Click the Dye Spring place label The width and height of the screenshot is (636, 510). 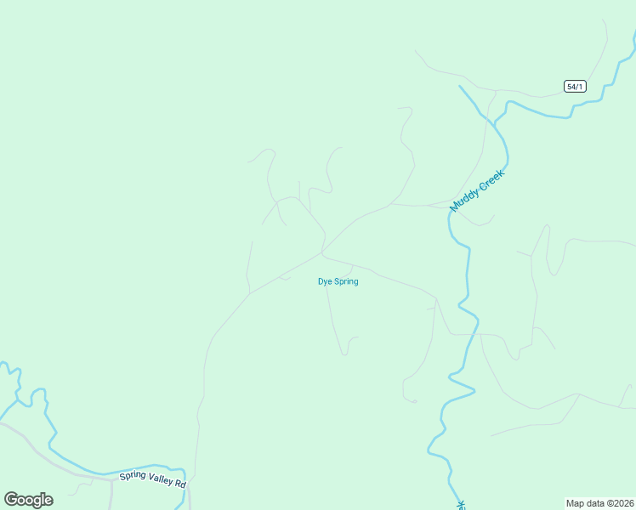pyautogui.click(x=338, y=281)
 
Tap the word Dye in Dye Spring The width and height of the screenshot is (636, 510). pyautogui.click(x=323, y=281)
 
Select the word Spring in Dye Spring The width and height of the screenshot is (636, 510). pyautogui.click(x=344, y=281)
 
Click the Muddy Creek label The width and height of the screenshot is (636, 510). pyautogui.click(x=477, y=190)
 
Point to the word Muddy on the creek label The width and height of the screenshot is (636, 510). pyautogui.click(x=465, y=200)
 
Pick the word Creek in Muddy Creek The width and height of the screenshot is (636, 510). pyautogui.click(x=491, y=179)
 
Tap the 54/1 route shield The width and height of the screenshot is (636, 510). pyautogui.click(x=575, y=86)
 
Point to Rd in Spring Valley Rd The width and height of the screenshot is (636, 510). pyautogui.click(x=180, y=483)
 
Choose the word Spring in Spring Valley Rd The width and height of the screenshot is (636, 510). pyautogui.click(x=133, y=475)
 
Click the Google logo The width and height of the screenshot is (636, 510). pyautogui.click(x=28, y=500)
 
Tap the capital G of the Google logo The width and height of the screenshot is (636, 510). pyautogui.click(x=11, y=500)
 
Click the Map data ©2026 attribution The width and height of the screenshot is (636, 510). pyautogui.click(x=599, y=502)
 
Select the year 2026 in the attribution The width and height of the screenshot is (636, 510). pyautogui.click(x=622, y=502)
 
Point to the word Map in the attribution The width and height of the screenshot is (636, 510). pyautogui.click(x=576, y=502)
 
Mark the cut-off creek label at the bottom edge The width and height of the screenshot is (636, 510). pyautogui.click(x=462, y=505)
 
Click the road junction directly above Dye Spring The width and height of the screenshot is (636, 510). pyautogui.click(x=321, y=252)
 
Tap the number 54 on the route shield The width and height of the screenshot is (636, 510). pyautogui.click(x=571, y=86)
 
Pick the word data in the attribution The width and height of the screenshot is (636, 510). pyautogui.click(x=594, y=502)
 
